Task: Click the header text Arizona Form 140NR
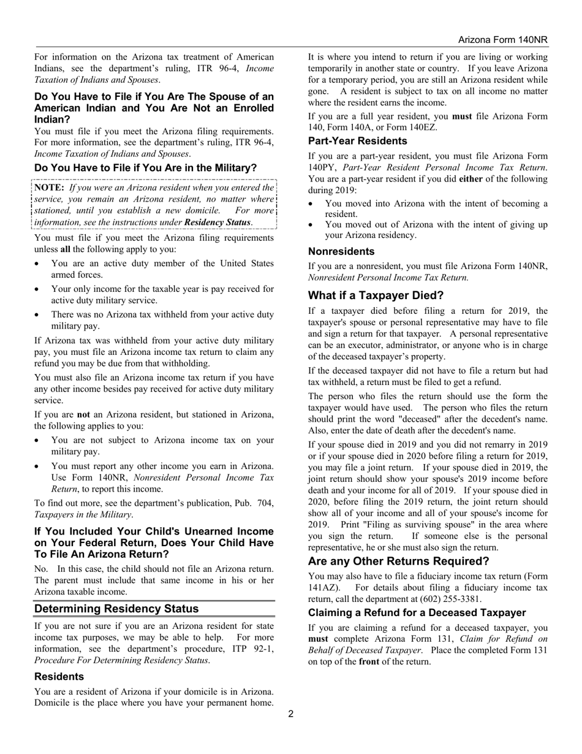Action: tap(503, 40)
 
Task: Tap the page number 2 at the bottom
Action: tap(291, 714)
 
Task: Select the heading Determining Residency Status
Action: tap(116, 609)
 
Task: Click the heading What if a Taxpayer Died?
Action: tap(376, 295)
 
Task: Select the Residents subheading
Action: tap(59, 676)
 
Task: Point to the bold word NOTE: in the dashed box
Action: tap(50, 188)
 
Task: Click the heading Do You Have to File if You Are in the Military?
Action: tap(146, 168)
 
